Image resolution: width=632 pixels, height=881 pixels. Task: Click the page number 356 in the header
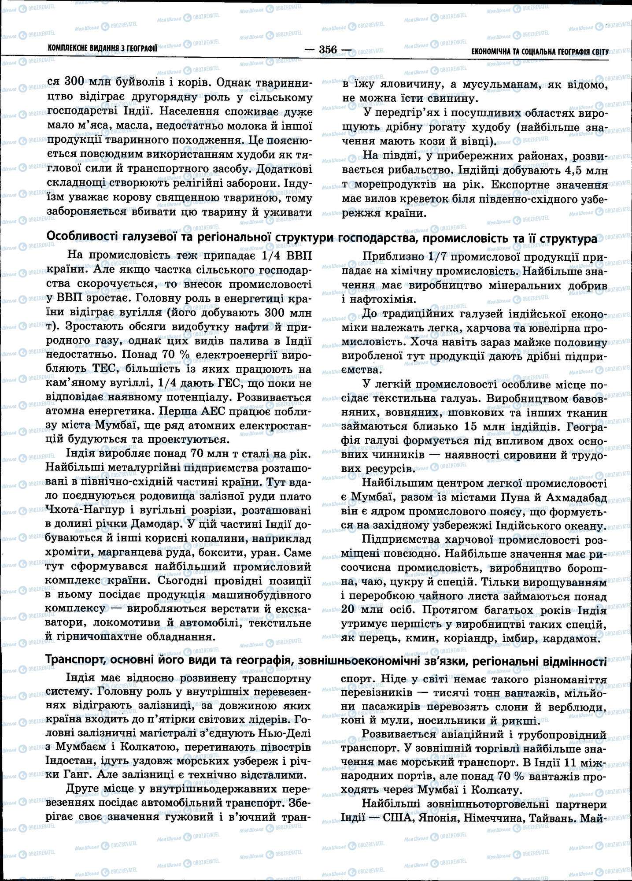328,49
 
